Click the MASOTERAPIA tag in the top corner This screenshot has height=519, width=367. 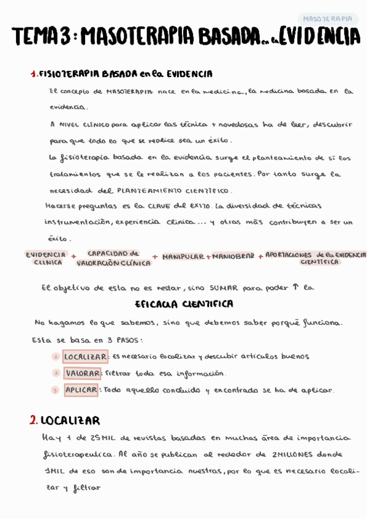pos(328,19)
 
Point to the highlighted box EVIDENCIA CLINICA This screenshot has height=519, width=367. pos(46,258)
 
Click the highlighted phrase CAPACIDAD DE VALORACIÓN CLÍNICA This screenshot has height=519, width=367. pos(113,258)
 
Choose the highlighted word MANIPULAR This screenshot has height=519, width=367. pos(183,256)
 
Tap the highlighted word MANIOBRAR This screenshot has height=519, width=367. pos(233,256)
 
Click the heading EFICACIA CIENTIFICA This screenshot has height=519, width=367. pos(183,304)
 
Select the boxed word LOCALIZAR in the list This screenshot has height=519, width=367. pos(85,356)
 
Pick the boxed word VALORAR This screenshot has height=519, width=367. pos(82,373)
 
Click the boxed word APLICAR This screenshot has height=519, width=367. pos(80,390)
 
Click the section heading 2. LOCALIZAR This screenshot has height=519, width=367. pos(64,420)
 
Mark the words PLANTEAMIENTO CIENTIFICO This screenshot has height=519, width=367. pos(174,190)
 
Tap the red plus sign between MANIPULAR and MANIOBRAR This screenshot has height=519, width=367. pos(208,257)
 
